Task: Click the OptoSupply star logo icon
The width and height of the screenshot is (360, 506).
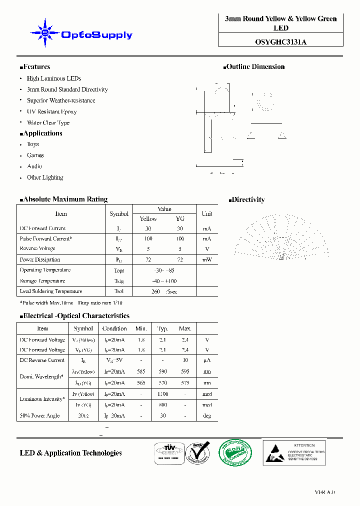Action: click(x=45, y=33)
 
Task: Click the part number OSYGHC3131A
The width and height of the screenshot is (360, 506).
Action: click(x=280, y=42)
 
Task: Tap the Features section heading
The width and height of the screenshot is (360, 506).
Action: click(x=35, y=66)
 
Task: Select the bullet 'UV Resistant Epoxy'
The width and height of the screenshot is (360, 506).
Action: click(x=51, y=111)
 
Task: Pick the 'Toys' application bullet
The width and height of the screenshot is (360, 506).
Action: click(x=33, y=144)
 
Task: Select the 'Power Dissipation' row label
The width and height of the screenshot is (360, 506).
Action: click(x=40, y=259)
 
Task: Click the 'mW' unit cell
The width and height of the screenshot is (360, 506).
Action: click(x=206, y=259)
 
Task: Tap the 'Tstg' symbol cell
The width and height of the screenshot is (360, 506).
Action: click(x=118, y=280)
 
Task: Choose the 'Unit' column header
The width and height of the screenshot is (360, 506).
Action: click(x=206, y=213)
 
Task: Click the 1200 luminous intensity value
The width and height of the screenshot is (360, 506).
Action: click(x=162, y=394)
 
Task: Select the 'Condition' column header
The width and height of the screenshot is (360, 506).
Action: click(x=114, y=328)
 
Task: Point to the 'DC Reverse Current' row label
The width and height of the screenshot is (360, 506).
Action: click(x=42, y=360)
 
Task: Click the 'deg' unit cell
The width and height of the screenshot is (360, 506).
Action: click(x=206, y=415)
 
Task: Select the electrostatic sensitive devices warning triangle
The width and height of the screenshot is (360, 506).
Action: click(x=275, y=452)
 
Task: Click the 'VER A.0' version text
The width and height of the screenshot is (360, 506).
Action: click(x=324, y=492)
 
